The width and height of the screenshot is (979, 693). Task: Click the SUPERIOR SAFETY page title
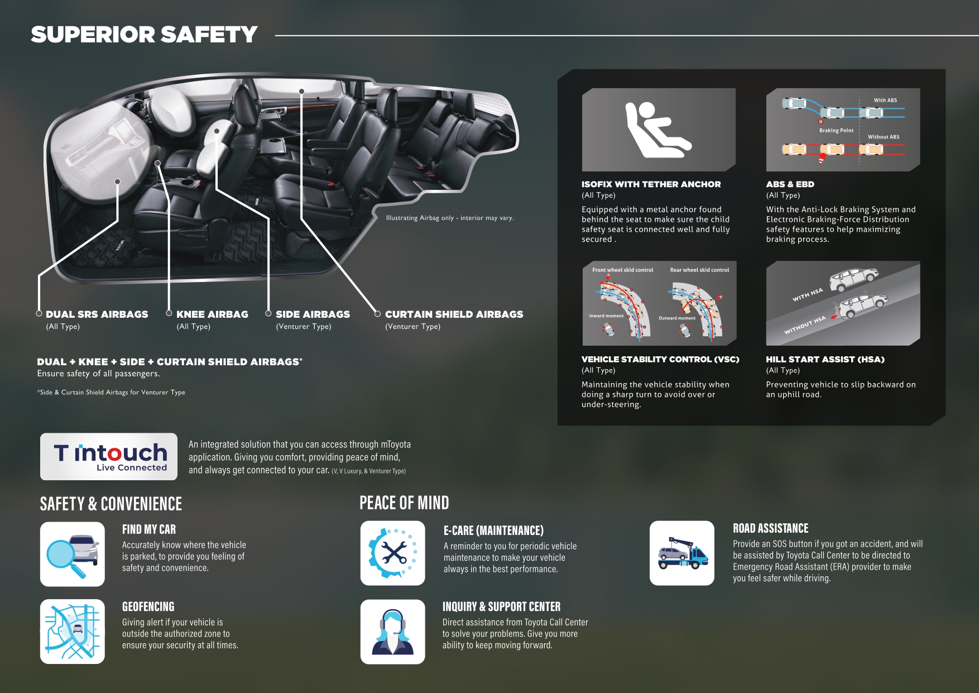tap(144, 35)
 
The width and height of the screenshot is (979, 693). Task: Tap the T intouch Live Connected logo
tap(109, 456)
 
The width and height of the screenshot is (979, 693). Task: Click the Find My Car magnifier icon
tap(73, 554)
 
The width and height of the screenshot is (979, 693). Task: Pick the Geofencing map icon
tap(73, 632)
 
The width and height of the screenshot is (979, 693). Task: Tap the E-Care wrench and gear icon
tap(393, 553)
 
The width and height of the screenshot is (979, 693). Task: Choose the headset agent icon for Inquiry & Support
tap(393, 632)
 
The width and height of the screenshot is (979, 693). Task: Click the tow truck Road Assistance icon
tap(682, 553)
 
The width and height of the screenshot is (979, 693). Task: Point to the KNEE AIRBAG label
tap(212, 314)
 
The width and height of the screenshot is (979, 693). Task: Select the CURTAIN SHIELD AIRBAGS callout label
tap(454, 314)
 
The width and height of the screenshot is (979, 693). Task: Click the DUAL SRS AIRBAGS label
tap(97, 314)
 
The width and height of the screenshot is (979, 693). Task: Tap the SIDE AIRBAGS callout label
tap(313, 314)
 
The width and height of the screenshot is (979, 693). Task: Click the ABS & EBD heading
tap(790, 184)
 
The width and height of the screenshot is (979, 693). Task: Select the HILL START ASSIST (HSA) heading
tap(825, 360)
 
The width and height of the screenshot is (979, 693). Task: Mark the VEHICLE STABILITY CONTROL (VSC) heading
tap(660, 360)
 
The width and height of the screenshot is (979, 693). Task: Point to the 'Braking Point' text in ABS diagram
tap(836, 131)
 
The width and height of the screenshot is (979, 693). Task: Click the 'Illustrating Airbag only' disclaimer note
tap(450, 218)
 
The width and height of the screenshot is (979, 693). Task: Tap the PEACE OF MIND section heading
tap(404, 503)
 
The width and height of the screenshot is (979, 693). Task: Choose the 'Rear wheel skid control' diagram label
tap(699, 270)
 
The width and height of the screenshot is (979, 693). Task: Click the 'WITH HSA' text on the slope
tap(808, 294)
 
